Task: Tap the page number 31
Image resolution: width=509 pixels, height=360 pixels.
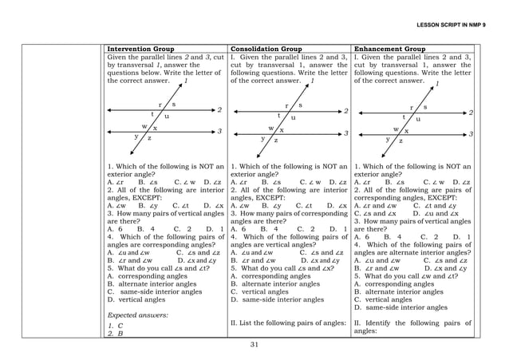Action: (x=254, y=345)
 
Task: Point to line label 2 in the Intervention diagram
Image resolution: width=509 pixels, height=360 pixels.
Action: (x=219, y=110)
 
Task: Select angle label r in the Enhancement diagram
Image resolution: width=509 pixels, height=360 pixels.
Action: (x=412, y=106)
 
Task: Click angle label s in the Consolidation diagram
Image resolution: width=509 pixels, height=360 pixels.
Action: (x=300, y=105)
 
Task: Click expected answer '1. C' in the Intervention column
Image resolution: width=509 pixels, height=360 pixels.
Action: (x=112, y=326)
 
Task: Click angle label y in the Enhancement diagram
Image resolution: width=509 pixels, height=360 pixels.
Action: (x=389, y=139)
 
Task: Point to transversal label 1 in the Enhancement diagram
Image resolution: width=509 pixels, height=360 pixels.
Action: (x=436, y=84)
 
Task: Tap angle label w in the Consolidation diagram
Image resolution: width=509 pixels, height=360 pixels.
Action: (x=271, y=128)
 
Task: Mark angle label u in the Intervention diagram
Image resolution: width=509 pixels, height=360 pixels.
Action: (x=166, y=117)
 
